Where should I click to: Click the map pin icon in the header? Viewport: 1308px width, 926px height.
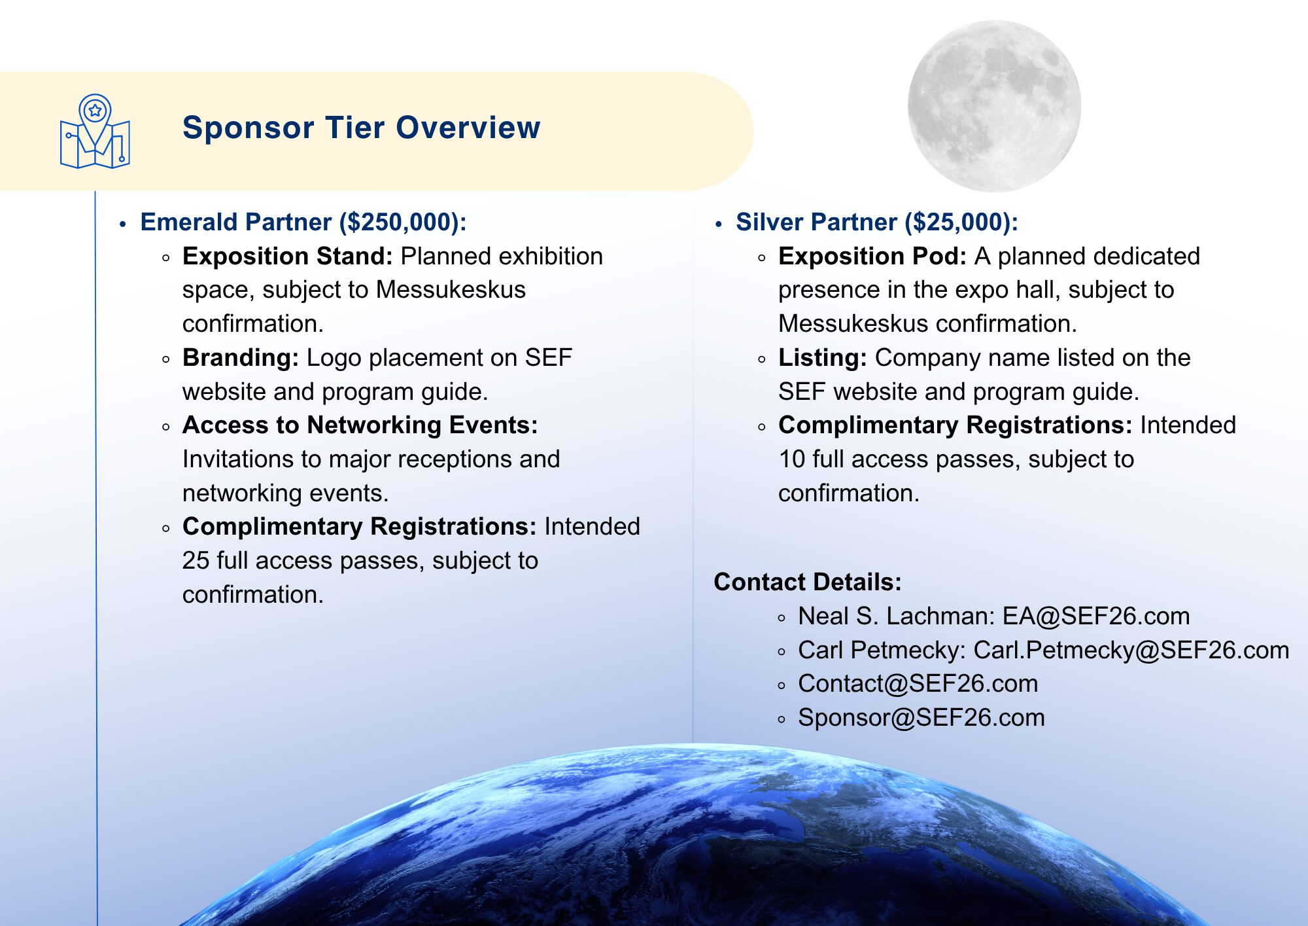95,131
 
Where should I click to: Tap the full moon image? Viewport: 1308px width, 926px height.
994,106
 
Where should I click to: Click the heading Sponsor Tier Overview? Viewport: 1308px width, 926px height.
362,128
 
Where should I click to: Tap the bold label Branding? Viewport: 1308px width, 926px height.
241,358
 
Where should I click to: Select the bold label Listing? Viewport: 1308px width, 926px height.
823,358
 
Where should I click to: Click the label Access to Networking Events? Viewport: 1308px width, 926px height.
360,425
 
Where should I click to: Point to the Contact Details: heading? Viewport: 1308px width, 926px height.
808,582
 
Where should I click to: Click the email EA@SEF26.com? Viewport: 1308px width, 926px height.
1096,616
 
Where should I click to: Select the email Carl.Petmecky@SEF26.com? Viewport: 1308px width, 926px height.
1131,650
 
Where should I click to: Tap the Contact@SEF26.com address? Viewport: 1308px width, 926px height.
918,684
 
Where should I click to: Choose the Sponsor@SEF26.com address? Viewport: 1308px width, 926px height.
921,718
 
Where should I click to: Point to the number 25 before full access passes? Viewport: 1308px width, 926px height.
196,561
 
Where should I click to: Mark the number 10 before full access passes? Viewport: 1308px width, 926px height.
792,459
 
